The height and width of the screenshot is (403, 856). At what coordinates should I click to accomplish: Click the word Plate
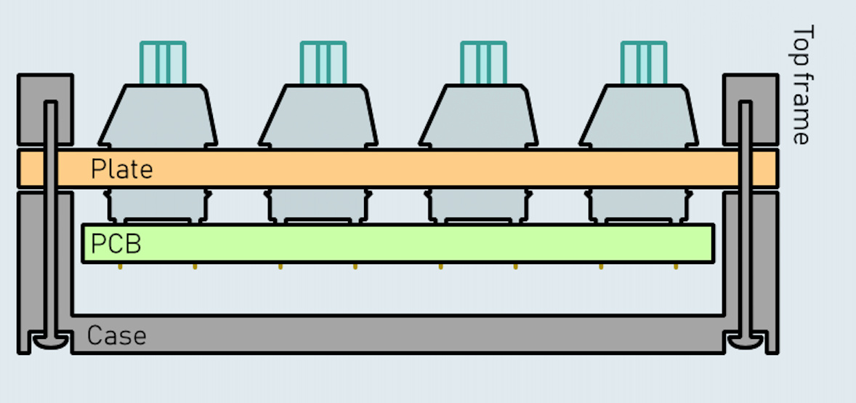(121, 169)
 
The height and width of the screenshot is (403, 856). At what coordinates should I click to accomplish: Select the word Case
(116, 336)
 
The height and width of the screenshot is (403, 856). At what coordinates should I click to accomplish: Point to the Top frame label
(800, 85)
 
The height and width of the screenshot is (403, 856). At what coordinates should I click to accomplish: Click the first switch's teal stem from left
(163, 63)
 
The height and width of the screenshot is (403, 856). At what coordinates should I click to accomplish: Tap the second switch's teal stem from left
(323, 63)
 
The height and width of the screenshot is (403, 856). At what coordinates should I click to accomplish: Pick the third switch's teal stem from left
(483, 63)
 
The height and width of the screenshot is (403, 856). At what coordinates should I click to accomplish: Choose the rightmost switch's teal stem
(643, 63)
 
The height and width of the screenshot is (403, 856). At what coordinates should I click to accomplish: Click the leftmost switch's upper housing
(158, 116)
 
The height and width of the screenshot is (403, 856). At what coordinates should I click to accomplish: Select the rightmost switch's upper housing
(639, 116)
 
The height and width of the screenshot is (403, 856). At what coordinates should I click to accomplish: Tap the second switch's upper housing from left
(318, 116)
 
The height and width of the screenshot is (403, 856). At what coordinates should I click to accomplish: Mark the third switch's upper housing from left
(479, 116)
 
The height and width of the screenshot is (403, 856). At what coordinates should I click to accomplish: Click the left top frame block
(33, 109)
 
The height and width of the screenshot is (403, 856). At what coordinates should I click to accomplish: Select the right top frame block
(763, 109)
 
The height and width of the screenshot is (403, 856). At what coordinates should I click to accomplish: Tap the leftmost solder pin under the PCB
(120, 266)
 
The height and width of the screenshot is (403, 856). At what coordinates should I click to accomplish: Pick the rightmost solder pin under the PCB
(676, 266)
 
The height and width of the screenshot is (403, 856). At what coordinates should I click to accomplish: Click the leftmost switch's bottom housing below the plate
(158, 205)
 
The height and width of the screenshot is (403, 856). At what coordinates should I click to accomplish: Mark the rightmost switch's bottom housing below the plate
(639, 205)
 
